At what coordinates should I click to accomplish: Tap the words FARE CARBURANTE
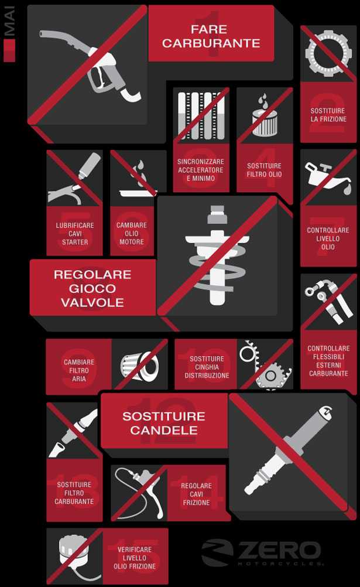pyautogui.click(x=211, y=36)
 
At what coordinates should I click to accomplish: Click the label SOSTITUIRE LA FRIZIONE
pyautogui.click(x=328, y=115)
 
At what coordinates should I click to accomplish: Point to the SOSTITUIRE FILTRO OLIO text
pyautogui.click(x=264, y=170)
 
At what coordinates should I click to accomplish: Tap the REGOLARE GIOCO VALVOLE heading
pyautogui.click(x=92, y=288)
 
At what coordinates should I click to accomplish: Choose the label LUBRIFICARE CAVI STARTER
pyautogui.click(x=75, y=234)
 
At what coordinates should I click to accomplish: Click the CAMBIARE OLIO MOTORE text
pyautogui.click(x=131, y=233)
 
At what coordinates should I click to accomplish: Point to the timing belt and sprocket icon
pyautogui.click(x=265, y=364)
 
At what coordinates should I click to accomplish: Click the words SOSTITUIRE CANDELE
pyautogui.click(x=164, y=423)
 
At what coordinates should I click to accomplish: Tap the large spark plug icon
pyautogui.click(x=288, y=449)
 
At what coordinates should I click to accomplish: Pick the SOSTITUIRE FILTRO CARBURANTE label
pyautogui.click(x=74, y=493)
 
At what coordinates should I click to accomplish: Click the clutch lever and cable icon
pyautogui.click(x=139, y=491)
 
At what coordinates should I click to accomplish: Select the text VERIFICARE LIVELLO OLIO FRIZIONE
pyautogui.click(x=135, y=558)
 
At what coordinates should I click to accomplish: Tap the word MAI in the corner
pyautogui.click(x=9, y=21)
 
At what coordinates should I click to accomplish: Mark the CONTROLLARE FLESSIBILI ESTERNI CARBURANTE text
pyautogui.click(x=328, y=360)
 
